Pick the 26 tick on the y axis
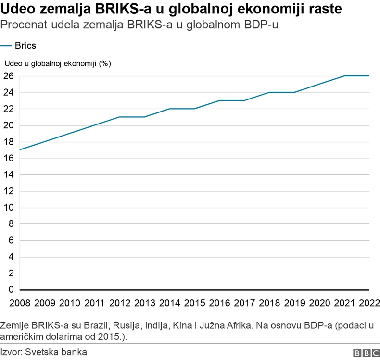[x=9, y=76]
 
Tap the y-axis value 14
[x=9, y=174]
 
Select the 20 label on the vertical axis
[x=9, y=125]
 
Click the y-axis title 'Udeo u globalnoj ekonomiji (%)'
[x=58, y=63]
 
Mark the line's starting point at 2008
[x=20, y=150]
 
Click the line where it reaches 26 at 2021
[x=344, y=76]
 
